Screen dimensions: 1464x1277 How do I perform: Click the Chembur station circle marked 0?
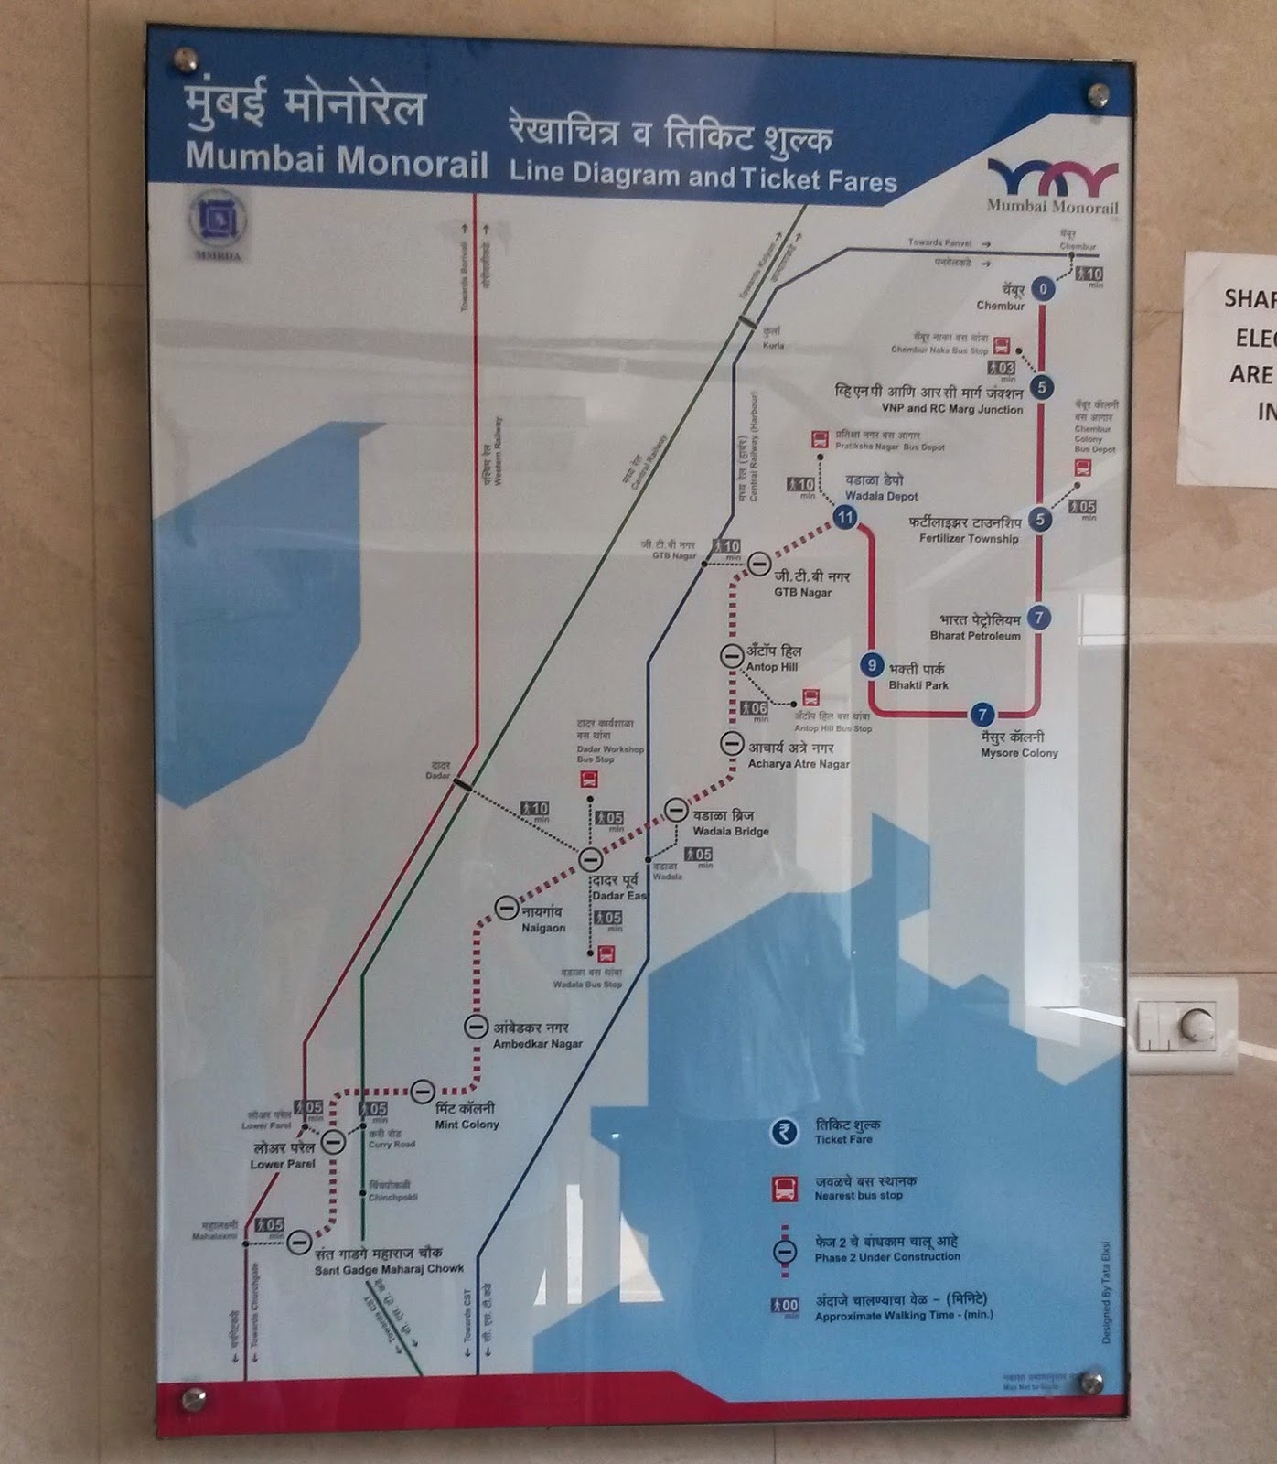[x=1043, y=290]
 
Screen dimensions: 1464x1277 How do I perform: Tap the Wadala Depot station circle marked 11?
[x=844, y=518]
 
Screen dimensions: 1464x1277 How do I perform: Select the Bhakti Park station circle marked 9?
[x=872, y=665]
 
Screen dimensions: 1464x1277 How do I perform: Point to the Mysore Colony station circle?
[x=982, y=715]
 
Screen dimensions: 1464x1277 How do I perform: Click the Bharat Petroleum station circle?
[x=1038, y=618]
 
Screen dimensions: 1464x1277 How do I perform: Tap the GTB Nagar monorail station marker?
[x=759, y=564]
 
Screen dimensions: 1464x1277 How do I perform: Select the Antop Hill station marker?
[x=732, y=655]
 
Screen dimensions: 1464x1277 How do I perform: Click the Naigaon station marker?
[x=507, y=908]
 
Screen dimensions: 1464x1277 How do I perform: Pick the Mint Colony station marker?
[x=422, y=1091]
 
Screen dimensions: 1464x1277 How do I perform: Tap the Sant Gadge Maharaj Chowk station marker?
[x=299, y=1242]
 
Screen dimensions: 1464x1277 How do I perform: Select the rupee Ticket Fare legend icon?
[x=783, y=1132]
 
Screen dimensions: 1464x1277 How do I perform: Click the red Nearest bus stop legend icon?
[x=785, y=1189]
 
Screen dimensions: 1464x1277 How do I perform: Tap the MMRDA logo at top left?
[x=218, y=222]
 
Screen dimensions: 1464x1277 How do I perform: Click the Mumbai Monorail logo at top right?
[x=1052, y=186]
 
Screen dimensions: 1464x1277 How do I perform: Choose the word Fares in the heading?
[x=862, y=181]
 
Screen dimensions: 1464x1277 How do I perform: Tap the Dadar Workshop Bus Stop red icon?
[x=590, y=780]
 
